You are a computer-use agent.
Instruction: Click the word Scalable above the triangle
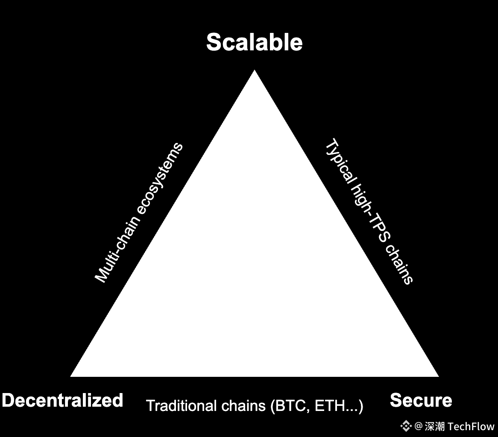pyautogui.click(x=255, y=42)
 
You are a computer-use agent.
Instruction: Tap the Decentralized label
pyautogui.click(x=62, y=400)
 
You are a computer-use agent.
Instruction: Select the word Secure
pyautogui.click(x=421, y=400)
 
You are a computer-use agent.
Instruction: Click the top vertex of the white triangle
pyautogui.click(x=255, y=71)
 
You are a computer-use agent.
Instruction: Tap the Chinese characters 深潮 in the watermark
pyautogui.click(x=434, y=426)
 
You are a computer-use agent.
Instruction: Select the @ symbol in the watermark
pyautogui.click(x=419, y=426)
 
